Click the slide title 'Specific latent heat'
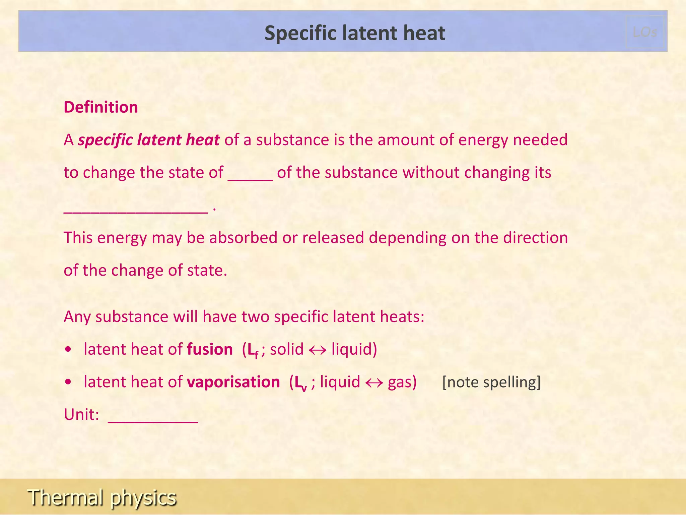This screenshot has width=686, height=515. pyautogui.click(x=355, y=33)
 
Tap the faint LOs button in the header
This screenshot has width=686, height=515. pyautogui.click(x=645, y=32)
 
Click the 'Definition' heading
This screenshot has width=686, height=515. pyautogui.click(x=101, y=107)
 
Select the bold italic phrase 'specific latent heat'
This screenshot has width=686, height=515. pyautogui.click(x=149, y=140)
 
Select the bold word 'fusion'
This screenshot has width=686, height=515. pyautogui.click(x=210, y=349)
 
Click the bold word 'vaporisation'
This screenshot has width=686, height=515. pyautogui.click(x=233, y=382)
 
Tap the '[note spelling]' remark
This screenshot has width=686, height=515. pyautogui.click(x=491, y=382)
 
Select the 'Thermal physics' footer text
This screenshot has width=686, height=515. pyautogui.click(x=102, y=497)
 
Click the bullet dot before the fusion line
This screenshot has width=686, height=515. pyautogui.click(x=68, y=350)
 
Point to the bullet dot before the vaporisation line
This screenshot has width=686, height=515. pyautogui.click(x=68, y=382)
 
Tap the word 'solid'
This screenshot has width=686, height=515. pyautogui.click(x=287, y=349)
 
